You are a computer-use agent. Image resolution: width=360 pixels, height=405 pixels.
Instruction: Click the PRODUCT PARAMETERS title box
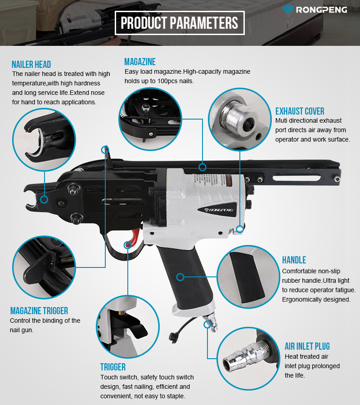pos(180,23)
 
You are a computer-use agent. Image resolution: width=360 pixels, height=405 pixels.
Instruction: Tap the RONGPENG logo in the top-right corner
pos(315,9)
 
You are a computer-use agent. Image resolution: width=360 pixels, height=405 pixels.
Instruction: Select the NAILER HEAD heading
pos(31,64)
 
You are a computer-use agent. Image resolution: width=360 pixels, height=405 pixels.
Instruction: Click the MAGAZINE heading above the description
pos(140,62)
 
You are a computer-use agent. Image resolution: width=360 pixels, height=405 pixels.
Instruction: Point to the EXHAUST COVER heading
pos(300,111)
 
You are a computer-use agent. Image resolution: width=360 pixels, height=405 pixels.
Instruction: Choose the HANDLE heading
pos(294,260)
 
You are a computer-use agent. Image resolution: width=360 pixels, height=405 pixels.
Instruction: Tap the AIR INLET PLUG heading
pos(307,346)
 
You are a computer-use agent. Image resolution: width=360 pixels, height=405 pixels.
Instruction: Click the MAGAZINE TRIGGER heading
pos(39,311)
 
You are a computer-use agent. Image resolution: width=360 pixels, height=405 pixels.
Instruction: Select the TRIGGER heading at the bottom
pos(113,367)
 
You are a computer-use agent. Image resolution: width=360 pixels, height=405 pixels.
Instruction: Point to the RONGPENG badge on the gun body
pos(219,209)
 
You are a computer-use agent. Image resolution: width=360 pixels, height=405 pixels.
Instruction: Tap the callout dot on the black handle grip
pos(180,277)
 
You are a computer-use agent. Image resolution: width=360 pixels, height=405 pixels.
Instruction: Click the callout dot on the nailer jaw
pos(44,200)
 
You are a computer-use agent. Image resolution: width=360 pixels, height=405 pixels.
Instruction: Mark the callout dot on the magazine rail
pos(202,167)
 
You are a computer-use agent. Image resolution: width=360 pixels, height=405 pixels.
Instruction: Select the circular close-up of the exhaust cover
pos(240,119)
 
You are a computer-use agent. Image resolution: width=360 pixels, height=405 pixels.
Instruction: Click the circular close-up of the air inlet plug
pos(248,359)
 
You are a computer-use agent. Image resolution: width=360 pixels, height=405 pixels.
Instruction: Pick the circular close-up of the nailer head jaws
pos(44,139)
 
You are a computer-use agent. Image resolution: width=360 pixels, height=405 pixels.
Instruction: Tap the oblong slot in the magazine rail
pos(297,178)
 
